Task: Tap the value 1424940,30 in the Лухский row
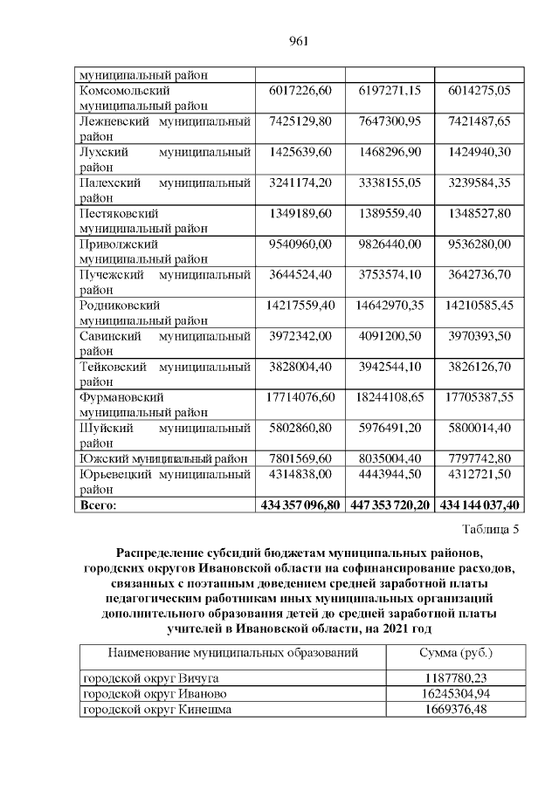480,152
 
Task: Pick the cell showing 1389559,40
390,214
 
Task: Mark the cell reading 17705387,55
480,400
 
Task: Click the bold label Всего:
98,505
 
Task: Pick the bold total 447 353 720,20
390,505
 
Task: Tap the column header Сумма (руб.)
456,653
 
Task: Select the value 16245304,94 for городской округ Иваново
456,694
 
